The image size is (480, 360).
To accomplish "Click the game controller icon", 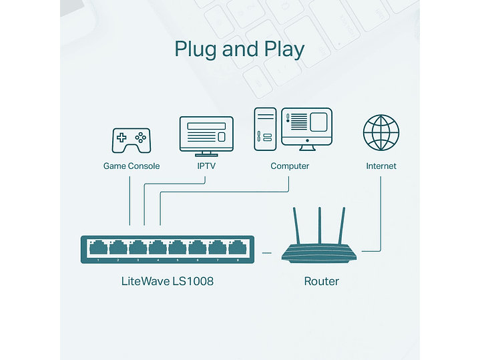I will click(131, 140).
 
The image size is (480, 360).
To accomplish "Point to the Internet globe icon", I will click(381, 132).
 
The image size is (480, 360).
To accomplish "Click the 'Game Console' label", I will click(132, 166).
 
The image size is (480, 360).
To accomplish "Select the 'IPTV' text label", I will click(206, 166).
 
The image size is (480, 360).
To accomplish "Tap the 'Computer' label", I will click(290, 166).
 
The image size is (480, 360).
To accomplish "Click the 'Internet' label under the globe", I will click(381, 166).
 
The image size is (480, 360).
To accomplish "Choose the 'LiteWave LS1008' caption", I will click(168, 281).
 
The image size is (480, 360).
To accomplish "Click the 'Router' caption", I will click(321, 281).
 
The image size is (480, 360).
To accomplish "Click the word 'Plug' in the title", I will click(196, 50).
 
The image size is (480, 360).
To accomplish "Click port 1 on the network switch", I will click(98, 248).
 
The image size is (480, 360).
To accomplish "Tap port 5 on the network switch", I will click(178, 248).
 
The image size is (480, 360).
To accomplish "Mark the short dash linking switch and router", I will click(268, 253).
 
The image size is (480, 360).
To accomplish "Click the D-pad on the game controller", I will click(122, 138).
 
